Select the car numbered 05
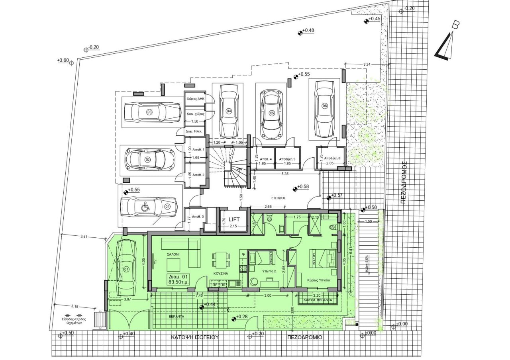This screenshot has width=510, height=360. click(272, 113)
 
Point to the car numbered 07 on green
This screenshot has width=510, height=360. click(126, 266)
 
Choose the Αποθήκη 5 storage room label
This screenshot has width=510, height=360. click(287, 158)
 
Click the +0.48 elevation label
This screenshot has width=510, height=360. click(308, 30)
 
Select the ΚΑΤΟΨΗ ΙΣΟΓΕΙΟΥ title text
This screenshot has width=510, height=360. click(195, 337)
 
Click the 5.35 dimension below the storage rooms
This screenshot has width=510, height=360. click(284, 174)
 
